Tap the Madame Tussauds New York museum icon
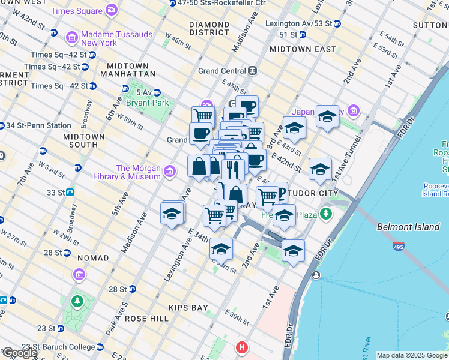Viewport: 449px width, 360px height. pyautogui.click(x=71, y=38)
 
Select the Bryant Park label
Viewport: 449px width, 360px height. pyautogui.click(x=143, y=103)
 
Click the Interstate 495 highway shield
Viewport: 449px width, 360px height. pyautogui.click(x=399, y=245)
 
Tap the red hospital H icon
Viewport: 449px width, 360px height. pyautogui.click(x=241, y=347)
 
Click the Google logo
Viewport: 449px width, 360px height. pyautogui.click(x=19, y=353)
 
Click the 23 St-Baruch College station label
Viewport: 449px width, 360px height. pyautogui.click(x=58, y=347)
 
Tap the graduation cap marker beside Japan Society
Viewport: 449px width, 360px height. pyautogui.click(x=327, y=116)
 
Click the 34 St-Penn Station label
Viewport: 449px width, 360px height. pyautogui.click(x=38, y=125)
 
